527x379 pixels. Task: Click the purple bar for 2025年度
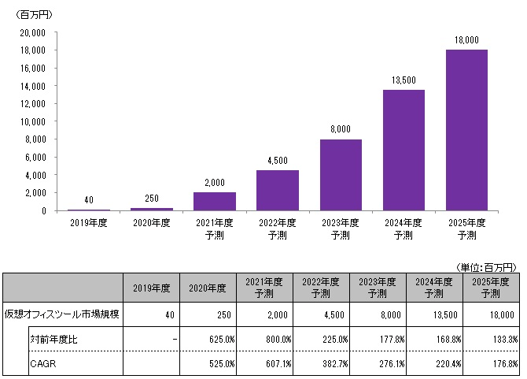[x=466, y=130]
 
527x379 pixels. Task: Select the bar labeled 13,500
[x=404, y=150]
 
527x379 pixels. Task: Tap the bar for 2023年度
[x=341, y=175]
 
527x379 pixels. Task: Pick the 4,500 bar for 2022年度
[x=278, y=190]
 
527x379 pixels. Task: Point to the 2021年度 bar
[x=214, y=201]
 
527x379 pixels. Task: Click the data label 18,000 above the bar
[x=466, y=39]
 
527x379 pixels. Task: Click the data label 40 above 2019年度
[x=88, y=199]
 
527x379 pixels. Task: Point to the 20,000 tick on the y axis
[x=33, y=32]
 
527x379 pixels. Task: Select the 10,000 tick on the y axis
[x=33, y=121]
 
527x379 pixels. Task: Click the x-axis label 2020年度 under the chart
[x=151, y=223]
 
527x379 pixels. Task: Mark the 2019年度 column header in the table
[x=151, y=286]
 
